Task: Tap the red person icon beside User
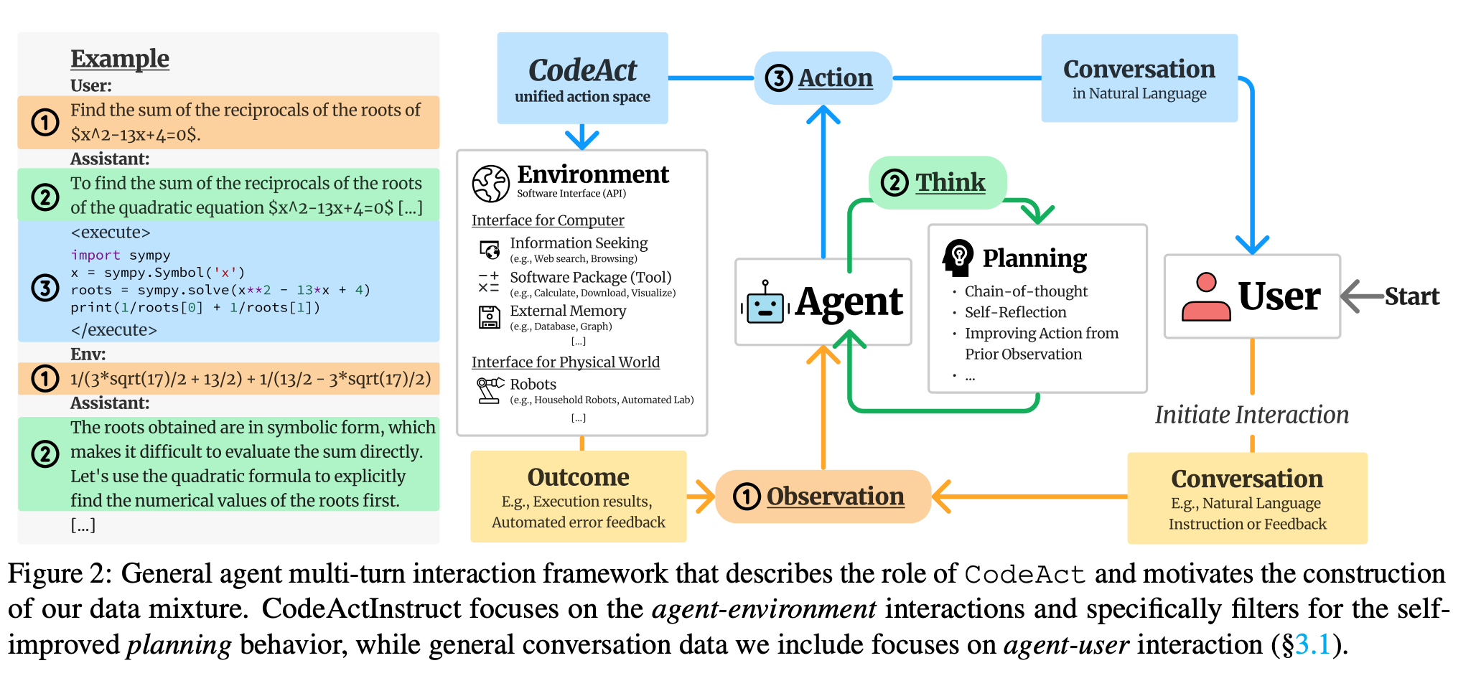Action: pyautogui.click(x=1206, y=296)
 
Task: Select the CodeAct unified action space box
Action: pyautogui.click(x=582, y=78)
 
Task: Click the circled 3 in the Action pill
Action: pyautogui.click(x=779, y=78)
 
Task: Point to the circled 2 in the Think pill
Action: pyautogui.click(x=895, y=183)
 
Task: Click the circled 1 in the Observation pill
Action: pyautogui.click(x=747, y=497)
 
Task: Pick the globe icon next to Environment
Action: pyautogui.click(x=491, y=184)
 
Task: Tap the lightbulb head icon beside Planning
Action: pyautogui.click(x=958, y=258)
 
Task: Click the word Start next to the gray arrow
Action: pyautogui.click(x=1411, y=296)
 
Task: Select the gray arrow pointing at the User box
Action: pyautogui.click(x=1361, y=296)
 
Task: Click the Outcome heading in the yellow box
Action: pyautogui.click(x=578, y=477)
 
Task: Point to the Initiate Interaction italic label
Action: pyautogui.click(x=1251, y=415)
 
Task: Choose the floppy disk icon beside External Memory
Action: pyautogui.click(x=490, y=317)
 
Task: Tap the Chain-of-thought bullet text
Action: pyautogui.click(x=1026, y=291)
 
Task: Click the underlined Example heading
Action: pyautogui.click(x=120, y=59)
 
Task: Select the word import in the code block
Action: pyautogui.click(x=95, y=255)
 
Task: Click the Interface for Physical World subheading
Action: pyautogui.click(x=565, y=362)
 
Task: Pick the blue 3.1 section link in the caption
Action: pyautogui.click(x=1313, y=644)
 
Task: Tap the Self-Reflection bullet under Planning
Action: pyautogui.click(x=1015, y=312)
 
